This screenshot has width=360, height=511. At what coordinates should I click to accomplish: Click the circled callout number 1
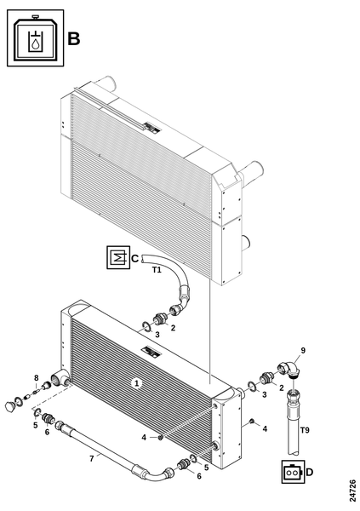click(x=137, y=383)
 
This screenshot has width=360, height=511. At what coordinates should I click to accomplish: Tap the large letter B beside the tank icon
click(x=74, y=39)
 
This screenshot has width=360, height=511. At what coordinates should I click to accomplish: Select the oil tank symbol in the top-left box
click(x=36, y=37)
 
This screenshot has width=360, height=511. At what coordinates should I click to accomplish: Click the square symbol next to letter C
click(x=118, y=257)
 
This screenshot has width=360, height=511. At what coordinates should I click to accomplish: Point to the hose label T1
click(x=157, y=270)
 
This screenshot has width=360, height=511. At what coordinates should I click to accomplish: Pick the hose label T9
click(x=305, y=430)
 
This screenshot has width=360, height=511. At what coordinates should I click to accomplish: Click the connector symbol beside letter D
click(x=294, y=472)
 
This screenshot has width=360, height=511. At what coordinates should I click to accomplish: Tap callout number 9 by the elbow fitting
click(x=303, y=350)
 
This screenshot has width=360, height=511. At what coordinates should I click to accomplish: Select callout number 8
click(x=37, y=377)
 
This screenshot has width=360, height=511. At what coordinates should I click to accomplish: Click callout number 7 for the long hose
click(x=92, y=458)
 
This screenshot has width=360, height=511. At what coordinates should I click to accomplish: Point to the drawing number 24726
click(x=351, y=491)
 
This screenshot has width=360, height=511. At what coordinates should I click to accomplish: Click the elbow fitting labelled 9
click(x=290, y=369)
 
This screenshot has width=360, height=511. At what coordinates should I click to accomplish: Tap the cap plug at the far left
click(x=10, y=406)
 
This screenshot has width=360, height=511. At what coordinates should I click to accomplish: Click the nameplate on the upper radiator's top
click(x=152, y=127)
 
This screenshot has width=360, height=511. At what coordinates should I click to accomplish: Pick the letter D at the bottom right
click(x=310, y=472)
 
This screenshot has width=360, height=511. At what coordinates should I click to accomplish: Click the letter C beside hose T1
click(x=134, y=259)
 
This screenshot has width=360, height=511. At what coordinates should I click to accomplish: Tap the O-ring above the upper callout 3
click(x=146, y=326)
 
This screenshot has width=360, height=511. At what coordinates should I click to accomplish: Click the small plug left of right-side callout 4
click(x=251, y=422)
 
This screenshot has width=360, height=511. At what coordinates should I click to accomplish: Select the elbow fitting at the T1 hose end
click(x=178, y=309)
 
